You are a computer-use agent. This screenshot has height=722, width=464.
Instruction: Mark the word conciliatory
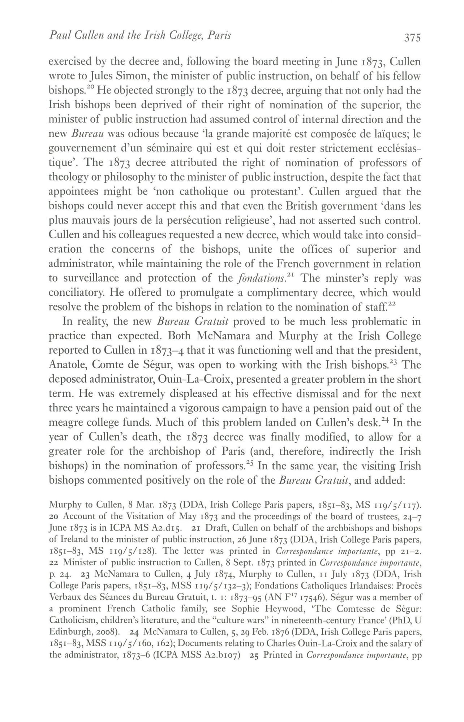[x=77, y=293]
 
